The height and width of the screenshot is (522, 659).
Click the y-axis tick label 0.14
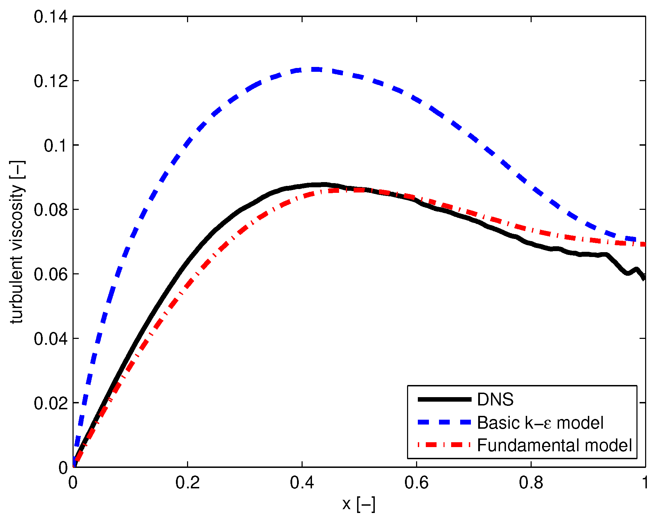pyautogui.click(x=51, y=17)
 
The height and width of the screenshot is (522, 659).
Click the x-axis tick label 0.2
pyautogui.click(x=187, y=483)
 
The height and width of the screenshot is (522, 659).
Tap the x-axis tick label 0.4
pyautogui.click(x=302, y=483)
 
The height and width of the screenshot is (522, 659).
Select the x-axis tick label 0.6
pyautogui.click(x=416, y=483)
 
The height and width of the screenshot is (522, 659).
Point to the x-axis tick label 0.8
pyautogui.click(x=531, y=483)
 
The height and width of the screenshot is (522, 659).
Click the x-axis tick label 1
pyautogui.click(x=645, y=483)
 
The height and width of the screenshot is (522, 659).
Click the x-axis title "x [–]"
pyautogui.click(x=359, y=504)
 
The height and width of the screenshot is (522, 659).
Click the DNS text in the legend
pyautogui.click(x=495, y=400)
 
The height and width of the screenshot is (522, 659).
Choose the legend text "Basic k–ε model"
pyautogui.click(x=540, y=423)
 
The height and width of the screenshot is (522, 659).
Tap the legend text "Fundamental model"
pyautogui.click(x=555, y=445)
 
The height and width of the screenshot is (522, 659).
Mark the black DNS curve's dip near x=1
pyautogui.click(x=627, y=274)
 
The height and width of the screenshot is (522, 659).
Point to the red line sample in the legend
pyautogui.click(x=445, y=445)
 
